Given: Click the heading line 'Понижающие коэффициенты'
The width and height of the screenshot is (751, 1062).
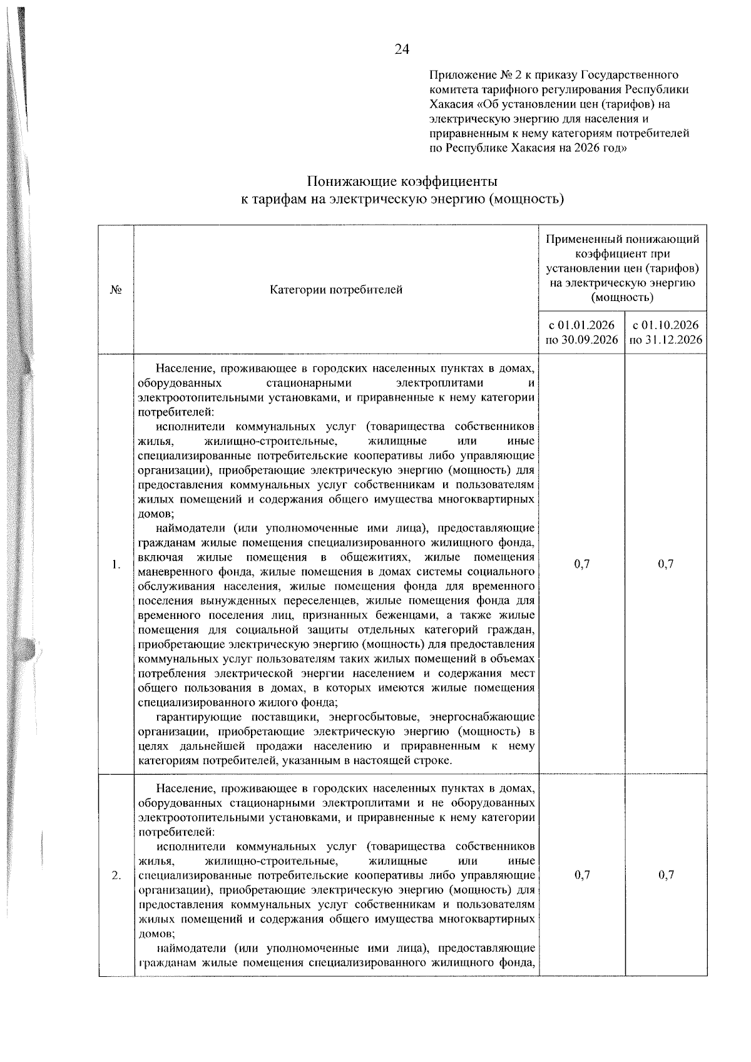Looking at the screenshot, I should pyautogui.click(x=402, y=182).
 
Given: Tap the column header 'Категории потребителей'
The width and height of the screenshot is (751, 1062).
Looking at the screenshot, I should pyautogui.click(x=336, y=290).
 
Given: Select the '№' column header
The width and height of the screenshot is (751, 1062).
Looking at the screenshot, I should pyautogui.click(x=116, y=290).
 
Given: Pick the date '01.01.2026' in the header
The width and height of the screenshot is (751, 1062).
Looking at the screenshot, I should pyautogui.click(x=590, y=325).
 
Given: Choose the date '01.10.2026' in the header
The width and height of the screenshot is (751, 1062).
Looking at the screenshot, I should pyautogui.click(x=674, y=325).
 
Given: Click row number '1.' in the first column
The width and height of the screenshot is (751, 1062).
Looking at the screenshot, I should pyautogui.click(x=116, y=564).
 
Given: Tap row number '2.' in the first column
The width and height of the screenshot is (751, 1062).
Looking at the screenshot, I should pyautogui.click(x=116, y=876).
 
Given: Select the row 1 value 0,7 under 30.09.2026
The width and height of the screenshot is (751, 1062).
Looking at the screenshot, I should pyautogui.click(x=581, y=564).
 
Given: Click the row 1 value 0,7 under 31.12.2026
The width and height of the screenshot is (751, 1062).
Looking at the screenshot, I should pyautogui.click(x=666, y=564).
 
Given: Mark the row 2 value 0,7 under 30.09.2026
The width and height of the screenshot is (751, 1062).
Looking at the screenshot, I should pyautogui.click(x=581, y=876).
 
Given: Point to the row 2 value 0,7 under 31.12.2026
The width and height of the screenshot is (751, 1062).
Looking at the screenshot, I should pyautogui.click(x=666, y=876).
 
